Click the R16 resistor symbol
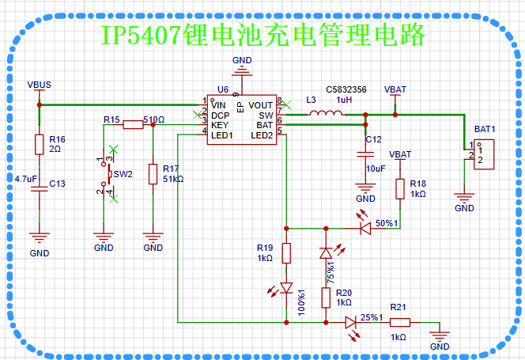tap(40, 145)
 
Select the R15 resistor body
tap(133, 125)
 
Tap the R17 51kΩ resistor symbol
tap(153, 174)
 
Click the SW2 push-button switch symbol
tap(108, 174)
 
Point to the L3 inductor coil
tap(326, 114)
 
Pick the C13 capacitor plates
tap(40, 189)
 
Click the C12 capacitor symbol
tap(365, 154)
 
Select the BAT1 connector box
tap(484, 154)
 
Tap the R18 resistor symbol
tap(400, 189)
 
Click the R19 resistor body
tap(286, 253)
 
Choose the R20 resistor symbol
tap(326, 297)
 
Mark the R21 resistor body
tap(400, 323)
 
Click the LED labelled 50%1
tap(365, 229)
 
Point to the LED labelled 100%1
tap(286, 288)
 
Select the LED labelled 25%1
tap(350, 323)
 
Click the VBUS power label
tap(40, 85)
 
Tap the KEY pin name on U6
tap(220, 125)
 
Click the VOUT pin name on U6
tap(260, 105)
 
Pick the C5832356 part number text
tap(346, 90)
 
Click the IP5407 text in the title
tap(142, 35)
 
